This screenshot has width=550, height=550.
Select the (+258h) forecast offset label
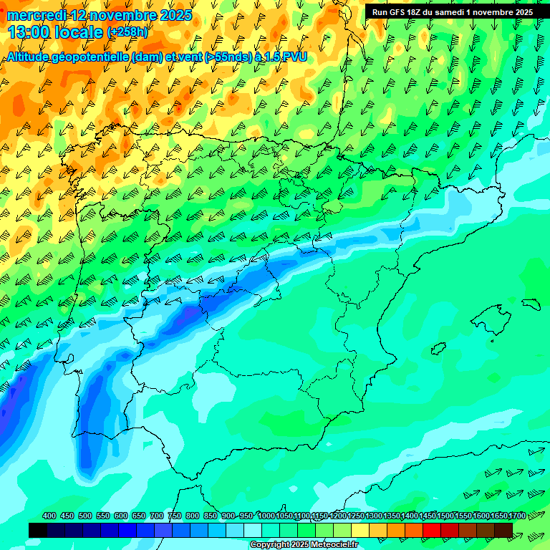pyautogui.click(x=127, y=32)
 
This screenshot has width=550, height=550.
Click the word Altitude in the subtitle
pyautogui.click(x=33, y=57)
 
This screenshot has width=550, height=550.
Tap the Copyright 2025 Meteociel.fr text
pyautogui.click(x=304, y=545)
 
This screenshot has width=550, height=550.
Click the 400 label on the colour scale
pyautogui.click(x=49, y=516)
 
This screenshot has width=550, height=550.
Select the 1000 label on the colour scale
pyautogui.click(x=266, y=516)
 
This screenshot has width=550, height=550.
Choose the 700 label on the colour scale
pyautogui.click(x=157, y=516)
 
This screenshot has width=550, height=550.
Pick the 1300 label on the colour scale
pyautogui.click(x=374, y=516)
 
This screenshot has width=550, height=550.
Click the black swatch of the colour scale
pyautogui.click(x=38, y=530)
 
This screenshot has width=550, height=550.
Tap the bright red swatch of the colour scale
pyautogui.click(x=432, y=530)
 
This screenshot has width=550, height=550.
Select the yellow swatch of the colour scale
pyautogui.click(x=360, y=530)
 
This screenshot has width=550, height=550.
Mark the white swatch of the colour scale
pyautogui.click(x=253, y=530)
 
